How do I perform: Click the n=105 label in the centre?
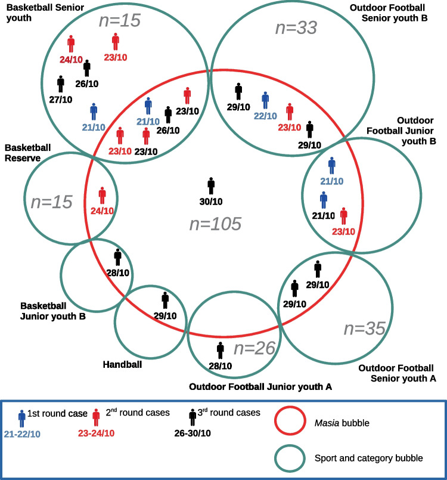click(x=215, y=224)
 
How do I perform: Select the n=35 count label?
click(x=365, y=327)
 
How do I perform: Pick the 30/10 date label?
click(x=211, y=202)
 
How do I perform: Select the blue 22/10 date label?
click(x=266, y=116)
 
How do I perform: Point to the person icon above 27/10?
click(x=60, y=83)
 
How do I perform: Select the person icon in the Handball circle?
click(x=165, y=300)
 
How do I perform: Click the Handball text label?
click(x=122, y=364)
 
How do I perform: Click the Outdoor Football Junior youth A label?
click(x=260, y=386)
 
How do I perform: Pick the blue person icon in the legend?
click(x=22, y=419)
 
